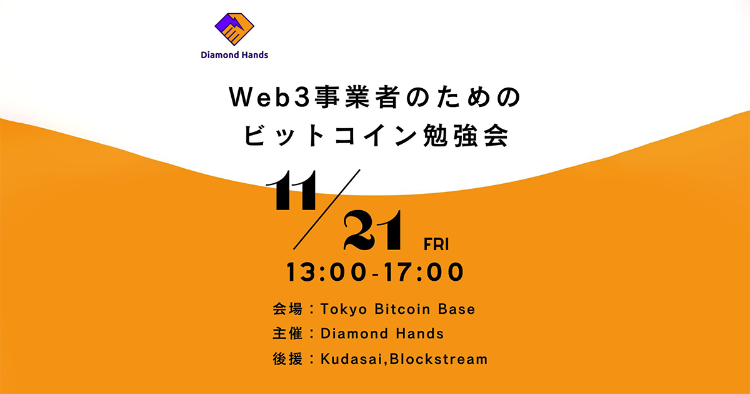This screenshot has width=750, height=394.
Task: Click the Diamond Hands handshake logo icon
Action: tap(234, 29)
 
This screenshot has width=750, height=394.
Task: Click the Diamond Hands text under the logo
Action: tap(234, 55)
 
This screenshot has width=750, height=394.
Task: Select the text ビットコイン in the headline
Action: tap(325, 135)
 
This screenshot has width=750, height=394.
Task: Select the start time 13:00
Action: tap(325, 273)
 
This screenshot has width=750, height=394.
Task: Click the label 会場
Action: tap(287, 309)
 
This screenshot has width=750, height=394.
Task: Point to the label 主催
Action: tap(287, 334)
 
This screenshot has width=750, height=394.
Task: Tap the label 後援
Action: tap(287, 359)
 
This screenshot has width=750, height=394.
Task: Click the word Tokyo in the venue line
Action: tap(342, 309)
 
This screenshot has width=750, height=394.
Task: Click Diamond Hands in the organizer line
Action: tap(382, 334)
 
